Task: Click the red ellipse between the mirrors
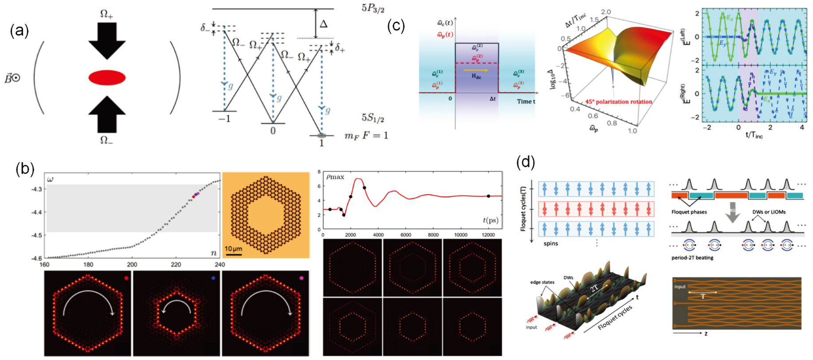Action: point(107,78)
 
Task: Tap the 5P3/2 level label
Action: point(373,9)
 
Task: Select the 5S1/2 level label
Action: point(373,117)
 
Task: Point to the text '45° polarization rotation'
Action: point(618,102)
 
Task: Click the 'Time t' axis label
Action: point(526,102)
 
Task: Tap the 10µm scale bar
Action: point(233,254)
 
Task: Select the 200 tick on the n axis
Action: point(132,265)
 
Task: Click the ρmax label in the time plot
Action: point(335,177)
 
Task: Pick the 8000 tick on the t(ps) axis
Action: point(433,235)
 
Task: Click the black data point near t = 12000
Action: point(488,196)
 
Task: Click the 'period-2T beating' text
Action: point(692,258)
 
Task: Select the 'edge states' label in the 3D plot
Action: point(542,282)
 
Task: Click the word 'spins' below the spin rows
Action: point(550,243)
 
